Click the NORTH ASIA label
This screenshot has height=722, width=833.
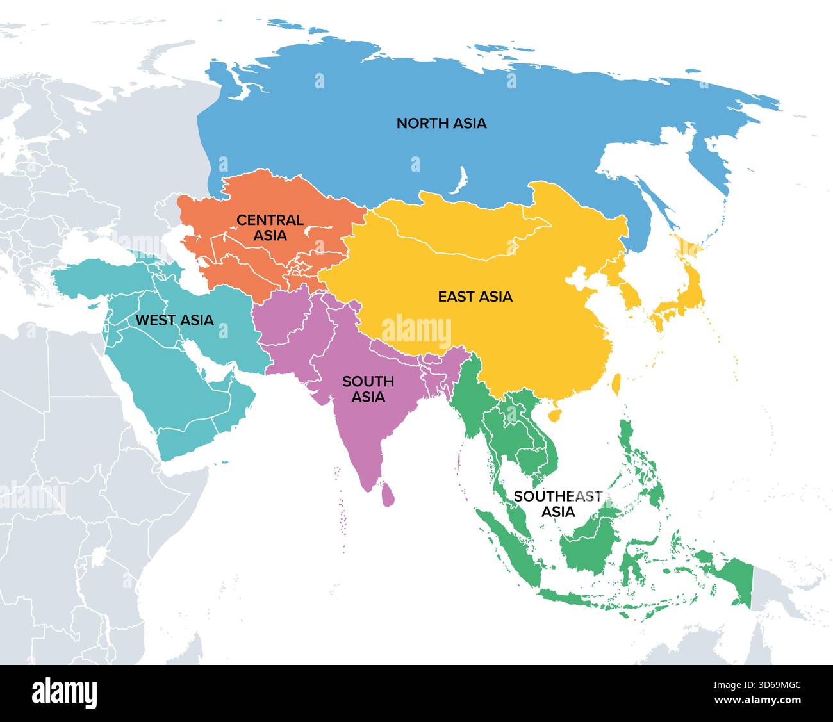(x=441, y=123)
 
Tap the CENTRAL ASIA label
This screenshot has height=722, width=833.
(x=270, y=227)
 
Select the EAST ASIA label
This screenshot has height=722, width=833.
(x=475, y=297)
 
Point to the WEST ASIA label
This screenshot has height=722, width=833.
(x=174, y=320)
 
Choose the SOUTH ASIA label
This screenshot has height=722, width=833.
(x=368, y=389)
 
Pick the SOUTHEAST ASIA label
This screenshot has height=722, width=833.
(x=558, y=504)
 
